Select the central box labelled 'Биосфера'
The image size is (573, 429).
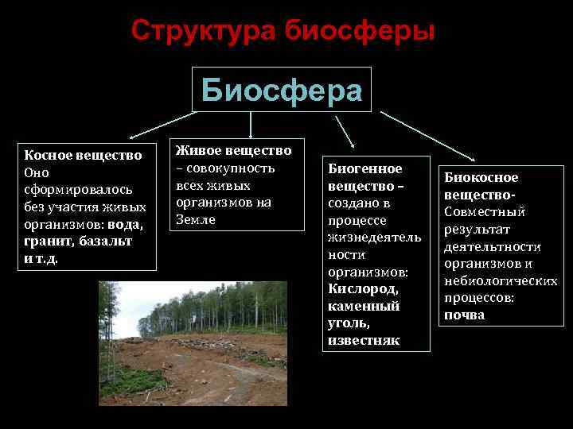click(282, 90)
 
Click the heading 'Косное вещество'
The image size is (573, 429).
click(83, 154)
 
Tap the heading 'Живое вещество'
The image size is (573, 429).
click(233, 150)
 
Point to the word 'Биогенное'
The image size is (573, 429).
click(365, 168)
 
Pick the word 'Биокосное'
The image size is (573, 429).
click(481, 177)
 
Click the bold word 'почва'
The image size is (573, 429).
click(464, 315)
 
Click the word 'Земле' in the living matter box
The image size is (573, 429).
click(195, 219)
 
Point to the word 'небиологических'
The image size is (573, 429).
click(501, 281)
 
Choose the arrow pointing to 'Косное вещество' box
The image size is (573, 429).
click(159, 125)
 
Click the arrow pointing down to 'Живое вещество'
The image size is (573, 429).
click(251, 126)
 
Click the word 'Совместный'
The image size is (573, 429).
click(484, 212)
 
